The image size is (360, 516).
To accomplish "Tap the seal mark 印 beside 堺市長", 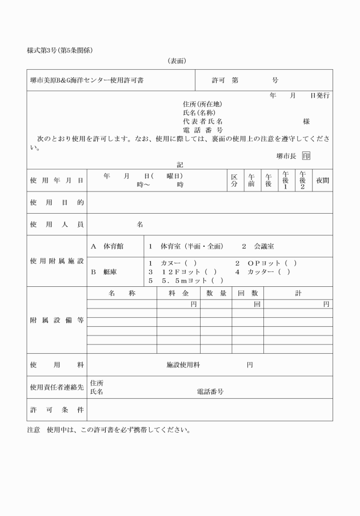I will click(x=307, y=155).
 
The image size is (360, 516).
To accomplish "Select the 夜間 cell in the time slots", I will click(x=323, y=181).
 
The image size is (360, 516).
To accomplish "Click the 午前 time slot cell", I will click(x=251, y=181).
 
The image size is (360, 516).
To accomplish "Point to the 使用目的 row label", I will click(x=57, y=203).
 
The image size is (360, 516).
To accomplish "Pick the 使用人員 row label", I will click(x=57, y=225).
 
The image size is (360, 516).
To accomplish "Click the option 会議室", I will click(x=263, y=246).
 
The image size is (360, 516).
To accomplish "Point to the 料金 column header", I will click(x=178, y=293).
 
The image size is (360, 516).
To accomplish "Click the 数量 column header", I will click(x=216, y=293).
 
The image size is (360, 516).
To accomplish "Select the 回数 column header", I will click(x=247, y=293).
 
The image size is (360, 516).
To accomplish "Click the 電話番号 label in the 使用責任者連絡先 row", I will click(x=210, y=392).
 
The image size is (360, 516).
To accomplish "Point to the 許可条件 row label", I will click(x=57, y=410).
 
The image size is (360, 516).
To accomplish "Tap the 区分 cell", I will click(x=234, y=181).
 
